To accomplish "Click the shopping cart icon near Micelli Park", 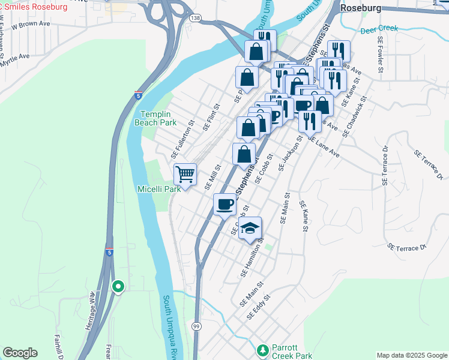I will (x=185, y=175).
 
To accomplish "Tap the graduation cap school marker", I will (x=250, y=229).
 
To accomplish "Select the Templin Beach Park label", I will (x=158, y=118).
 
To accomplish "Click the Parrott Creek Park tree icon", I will (x=262, y=350).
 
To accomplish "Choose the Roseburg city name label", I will (x=361, y=8).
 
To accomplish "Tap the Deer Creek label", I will (x=379, y=29).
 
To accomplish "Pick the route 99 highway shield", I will (x=197, y=325).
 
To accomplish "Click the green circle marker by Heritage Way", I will (x=118, y=287).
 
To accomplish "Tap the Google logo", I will (x=20, y=353).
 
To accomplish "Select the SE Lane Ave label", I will (x=324, y=146).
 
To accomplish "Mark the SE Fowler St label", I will (x=381, y=54).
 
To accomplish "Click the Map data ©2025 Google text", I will (x=411, y=355).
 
